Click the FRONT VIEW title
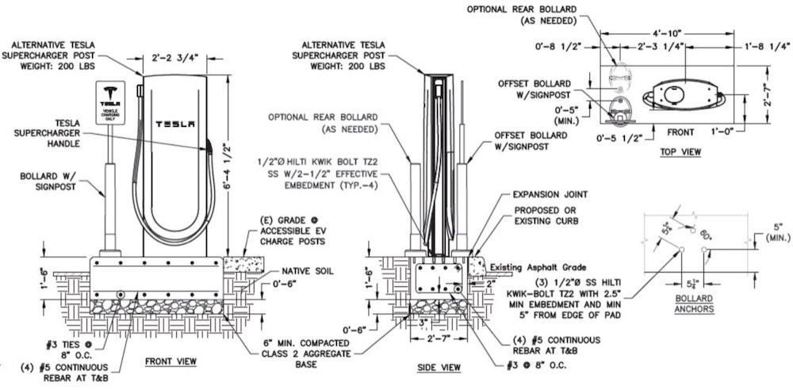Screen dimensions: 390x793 (x=170, y=361)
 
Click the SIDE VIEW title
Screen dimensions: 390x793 (x=439, y=369)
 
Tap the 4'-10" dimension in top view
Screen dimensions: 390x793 (x=666, y=35)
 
